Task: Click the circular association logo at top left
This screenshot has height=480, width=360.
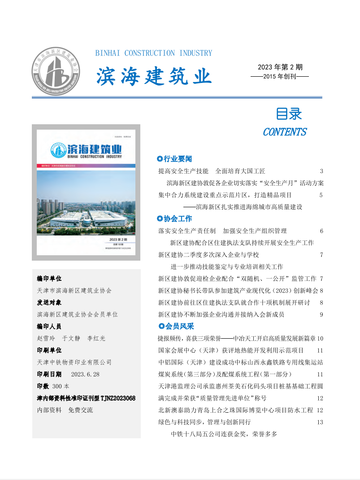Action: [x=56, y=71]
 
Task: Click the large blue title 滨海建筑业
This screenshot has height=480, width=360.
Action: [x=154, y=77]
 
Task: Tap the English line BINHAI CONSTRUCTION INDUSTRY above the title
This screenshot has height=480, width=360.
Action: [x=154, y=53]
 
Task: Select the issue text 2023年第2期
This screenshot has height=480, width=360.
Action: [x=280, y=67]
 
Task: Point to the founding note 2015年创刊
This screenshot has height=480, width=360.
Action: [x=280, y=77]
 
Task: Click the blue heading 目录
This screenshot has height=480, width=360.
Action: [x=289, y=114]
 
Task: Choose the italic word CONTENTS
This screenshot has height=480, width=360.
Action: [x=285, y=132]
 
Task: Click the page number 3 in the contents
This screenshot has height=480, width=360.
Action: [x=321, y=171]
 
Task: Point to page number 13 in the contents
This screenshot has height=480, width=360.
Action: [x=320, y=422]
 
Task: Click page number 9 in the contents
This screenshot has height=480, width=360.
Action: [x=321, y=314]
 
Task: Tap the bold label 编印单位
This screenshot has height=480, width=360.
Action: [x=49, y=279]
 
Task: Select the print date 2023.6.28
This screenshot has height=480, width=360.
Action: [x=85, y=374]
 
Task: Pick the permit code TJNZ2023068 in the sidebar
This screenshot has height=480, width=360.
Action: [x=118, y=398]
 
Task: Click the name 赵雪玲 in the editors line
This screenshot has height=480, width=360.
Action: [x=46, y=338]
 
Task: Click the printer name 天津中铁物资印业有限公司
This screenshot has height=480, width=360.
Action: [x=74, y=362]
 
